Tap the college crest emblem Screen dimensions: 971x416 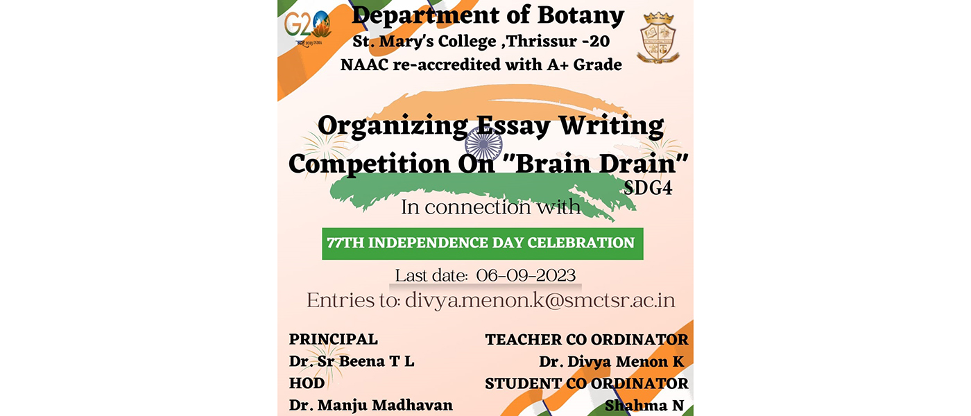click(658, 37)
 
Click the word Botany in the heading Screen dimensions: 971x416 click(581, 16)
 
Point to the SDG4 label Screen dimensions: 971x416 click(648, 188)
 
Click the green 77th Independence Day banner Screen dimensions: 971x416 click(483, 243)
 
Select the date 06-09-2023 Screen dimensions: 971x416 click(526, 276)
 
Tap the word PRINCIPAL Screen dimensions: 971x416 click(334, 339)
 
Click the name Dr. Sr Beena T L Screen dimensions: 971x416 click(352, 361)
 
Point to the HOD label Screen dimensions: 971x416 click(307, 383)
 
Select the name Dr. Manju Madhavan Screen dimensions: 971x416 click(370, 405)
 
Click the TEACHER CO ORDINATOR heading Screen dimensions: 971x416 click(587, 340)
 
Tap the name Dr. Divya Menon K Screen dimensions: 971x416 click(612, 362)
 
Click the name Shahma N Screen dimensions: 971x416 click(644, 406)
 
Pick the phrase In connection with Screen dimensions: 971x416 click(491, 207)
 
